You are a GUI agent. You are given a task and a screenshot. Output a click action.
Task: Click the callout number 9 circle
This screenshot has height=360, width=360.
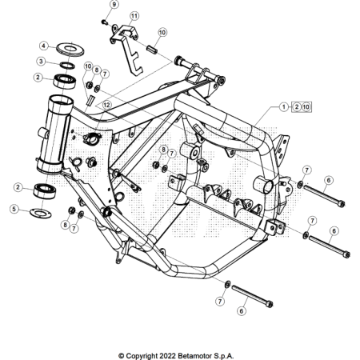114,5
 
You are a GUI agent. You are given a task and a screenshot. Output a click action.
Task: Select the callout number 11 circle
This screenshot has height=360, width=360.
134,15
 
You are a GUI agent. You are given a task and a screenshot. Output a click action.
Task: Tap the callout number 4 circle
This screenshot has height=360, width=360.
44,46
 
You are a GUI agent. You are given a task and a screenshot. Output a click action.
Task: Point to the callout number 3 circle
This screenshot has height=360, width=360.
40,61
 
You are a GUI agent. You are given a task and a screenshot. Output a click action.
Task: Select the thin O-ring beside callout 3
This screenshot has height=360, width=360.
68,64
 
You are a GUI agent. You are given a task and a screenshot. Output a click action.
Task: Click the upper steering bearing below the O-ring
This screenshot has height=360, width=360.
65,80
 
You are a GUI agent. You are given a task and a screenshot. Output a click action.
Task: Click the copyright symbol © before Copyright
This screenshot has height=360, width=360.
122,354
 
